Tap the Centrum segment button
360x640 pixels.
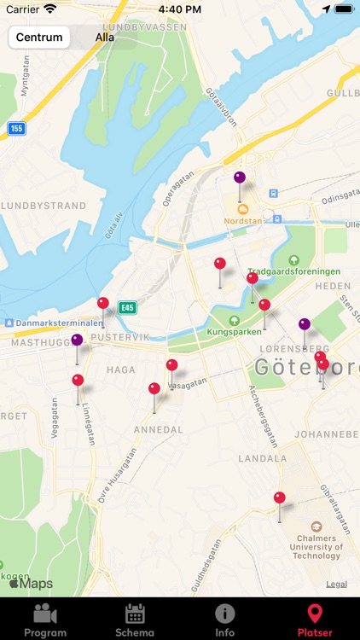(x=39, y=38)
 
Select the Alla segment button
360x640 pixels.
(x=105, y=38)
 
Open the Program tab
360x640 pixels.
(x=45, y=619)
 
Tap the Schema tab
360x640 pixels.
(x=135, y=619)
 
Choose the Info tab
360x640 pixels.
(x=225, y=619)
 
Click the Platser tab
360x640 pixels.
(x=315, y=619)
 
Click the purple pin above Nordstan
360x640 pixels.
(x=240, y=178)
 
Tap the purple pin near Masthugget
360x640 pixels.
(x=77, y=340)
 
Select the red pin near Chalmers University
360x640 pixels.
(x=280, y=498)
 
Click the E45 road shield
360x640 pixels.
(x=127, y=307)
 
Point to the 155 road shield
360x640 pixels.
(x=16, y=128)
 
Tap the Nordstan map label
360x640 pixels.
(x=243, y=219)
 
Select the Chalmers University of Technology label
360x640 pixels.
(x=316, y=547)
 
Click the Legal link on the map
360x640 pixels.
(x=336, y=585)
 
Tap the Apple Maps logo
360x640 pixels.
(x=31, y=585)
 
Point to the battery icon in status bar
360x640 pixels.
(x=342, y=9)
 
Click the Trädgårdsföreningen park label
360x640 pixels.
(x=294, y=271)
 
